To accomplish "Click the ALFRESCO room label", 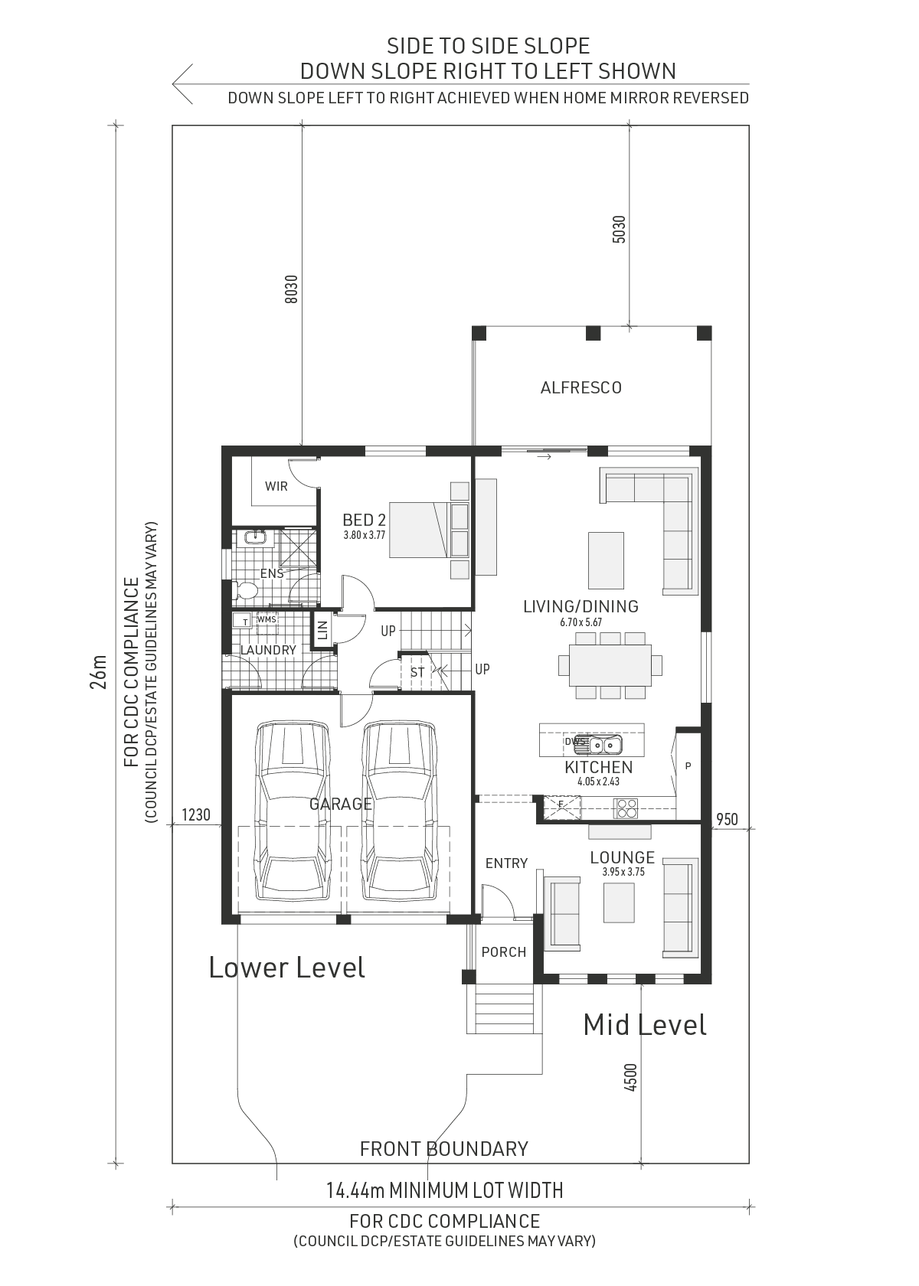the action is (x=581, y=388).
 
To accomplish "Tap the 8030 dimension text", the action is (x=292, y=289).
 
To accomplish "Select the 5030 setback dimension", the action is (x=619, y=229).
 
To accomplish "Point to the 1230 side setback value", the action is (x=196, y=814).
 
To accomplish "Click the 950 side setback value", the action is (x=728, y=819).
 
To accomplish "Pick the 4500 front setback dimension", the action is (x=631, y=1078).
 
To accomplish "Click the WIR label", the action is (x=276, y=486).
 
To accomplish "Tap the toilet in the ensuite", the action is (x=245, y=591).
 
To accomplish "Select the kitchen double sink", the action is (x=605, y=746).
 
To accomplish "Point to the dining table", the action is (x=610, y=665).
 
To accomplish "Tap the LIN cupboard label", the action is (x=322, y=630).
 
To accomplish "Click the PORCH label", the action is (x=504, y=952).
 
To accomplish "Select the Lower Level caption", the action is (x=286, y=968).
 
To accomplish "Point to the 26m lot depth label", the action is (x=98, y=672).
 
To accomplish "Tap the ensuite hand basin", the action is (x=254, y=537).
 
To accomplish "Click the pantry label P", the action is (x=688, y=765).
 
